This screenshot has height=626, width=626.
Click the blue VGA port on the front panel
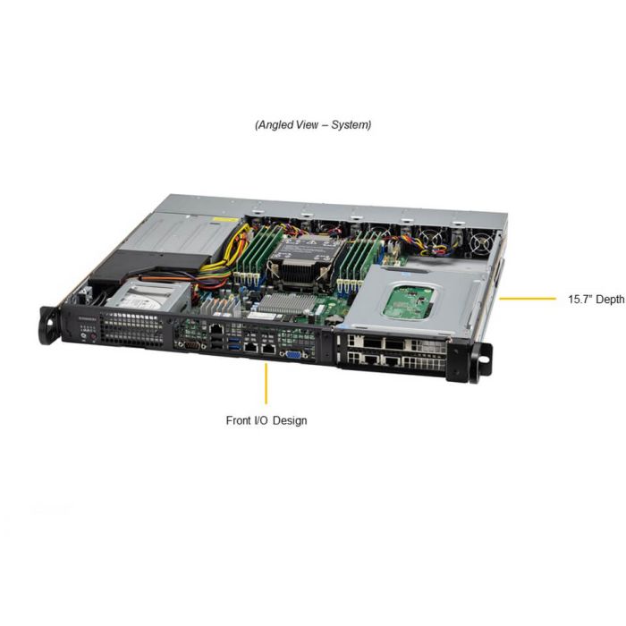click(x=294, y=355)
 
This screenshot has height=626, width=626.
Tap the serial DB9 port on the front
click(x=191, y=346)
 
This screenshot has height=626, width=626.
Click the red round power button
click(x=93, y=337)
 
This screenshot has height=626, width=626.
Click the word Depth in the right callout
click(x=609, y=300)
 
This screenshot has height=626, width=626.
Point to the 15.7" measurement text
click(x=580, y=299)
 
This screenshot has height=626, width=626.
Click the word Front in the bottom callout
click(x=239, y=420)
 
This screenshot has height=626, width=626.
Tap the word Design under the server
click(x=290, y=421)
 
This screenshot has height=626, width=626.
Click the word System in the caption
click(x=351, y=125)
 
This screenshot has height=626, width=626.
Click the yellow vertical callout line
click(x=266, y=384)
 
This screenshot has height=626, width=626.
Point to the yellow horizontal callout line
click(x=528, y=298)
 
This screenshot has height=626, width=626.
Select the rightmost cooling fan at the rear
click(x=481, y=242)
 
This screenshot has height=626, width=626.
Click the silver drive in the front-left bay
click(x=147, y=296)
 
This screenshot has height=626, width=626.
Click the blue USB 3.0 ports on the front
click(x=235, y=343)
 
